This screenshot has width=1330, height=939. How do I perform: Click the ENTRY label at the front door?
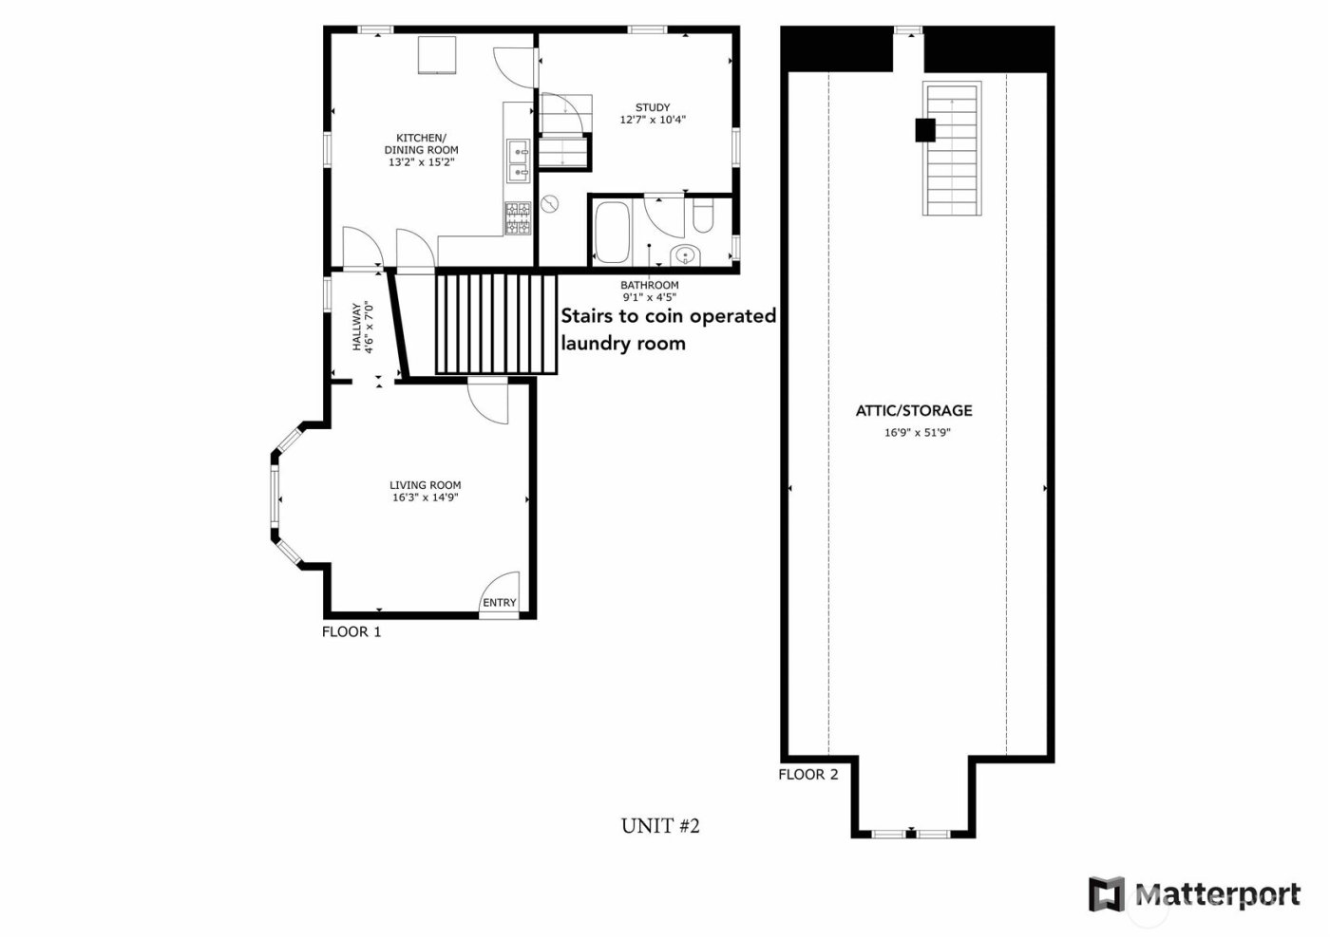click(499, 603)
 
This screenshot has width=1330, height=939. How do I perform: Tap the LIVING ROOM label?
click(425, 485)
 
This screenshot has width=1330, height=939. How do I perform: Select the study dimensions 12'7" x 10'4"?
click(653, 121)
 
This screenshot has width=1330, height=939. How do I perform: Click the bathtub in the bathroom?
click(610, 233)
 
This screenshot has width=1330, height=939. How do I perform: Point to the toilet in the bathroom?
click(704, 216)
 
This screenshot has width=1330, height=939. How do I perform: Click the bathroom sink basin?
click(684, 254)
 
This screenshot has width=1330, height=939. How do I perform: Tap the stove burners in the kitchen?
click(517, 217)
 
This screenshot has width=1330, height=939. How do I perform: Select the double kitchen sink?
click(518, 160)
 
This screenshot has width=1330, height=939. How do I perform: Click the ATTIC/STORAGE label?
click(914, 411)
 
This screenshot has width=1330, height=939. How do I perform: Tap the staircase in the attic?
click(952, 150)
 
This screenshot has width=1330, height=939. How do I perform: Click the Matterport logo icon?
click(1106, 894)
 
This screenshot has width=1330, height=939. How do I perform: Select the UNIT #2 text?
click(660, 826)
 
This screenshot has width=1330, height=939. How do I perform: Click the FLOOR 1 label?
click(351, 631)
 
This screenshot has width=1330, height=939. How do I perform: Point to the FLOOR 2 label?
click(807, 774)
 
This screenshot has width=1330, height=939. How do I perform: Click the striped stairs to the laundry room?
click(495, 324)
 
